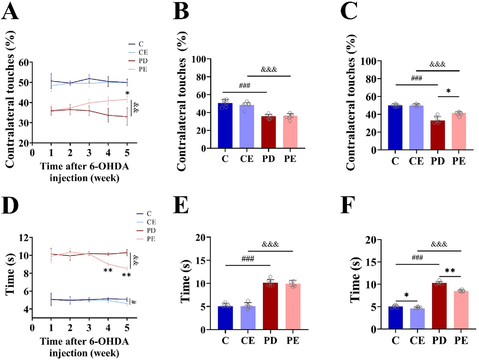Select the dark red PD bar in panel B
point(269,132)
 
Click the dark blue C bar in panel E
point(225,318)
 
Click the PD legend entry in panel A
point(143,61)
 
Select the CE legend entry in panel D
point(151,222)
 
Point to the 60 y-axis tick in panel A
point(23,63)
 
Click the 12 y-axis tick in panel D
point(23,238)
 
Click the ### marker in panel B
point(245,86)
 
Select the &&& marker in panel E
point(270,244)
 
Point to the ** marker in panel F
point(450,271)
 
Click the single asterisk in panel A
point(127,94)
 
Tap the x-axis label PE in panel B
point(290,159)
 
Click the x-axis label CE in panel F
point(417,340)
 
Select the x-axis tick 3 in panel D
point(89,328)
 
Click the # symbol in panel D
point(134,302)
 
